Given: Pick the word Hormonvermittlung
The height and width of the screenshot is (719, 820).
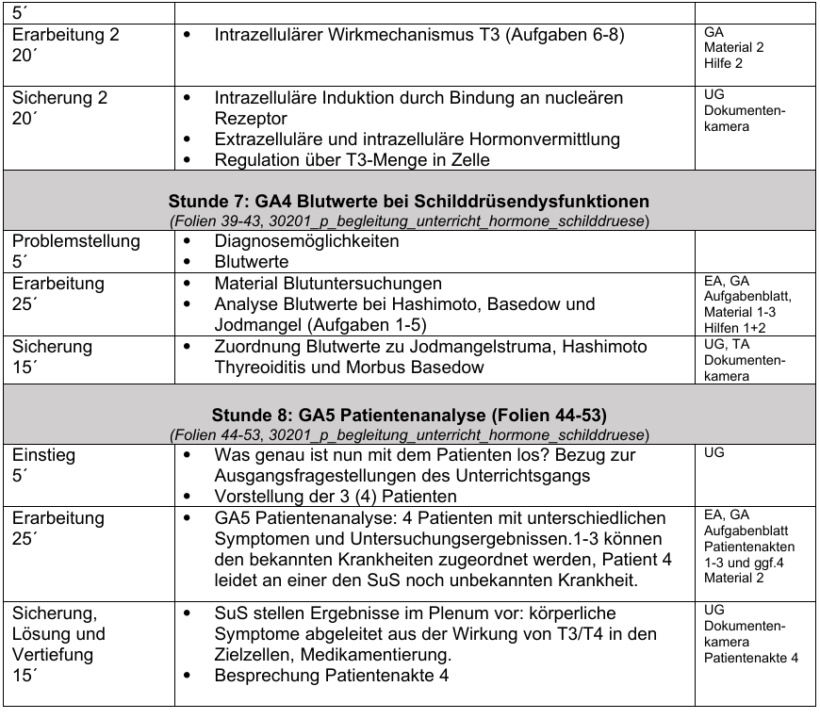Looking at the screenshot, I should tap(548, 139).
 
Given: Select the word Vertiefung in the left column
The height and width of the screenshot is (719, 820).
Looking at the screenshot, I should tap(51, 655).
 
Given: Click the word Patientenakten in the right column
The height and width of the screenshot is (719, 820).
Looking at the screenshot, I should tap(748, 547).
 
